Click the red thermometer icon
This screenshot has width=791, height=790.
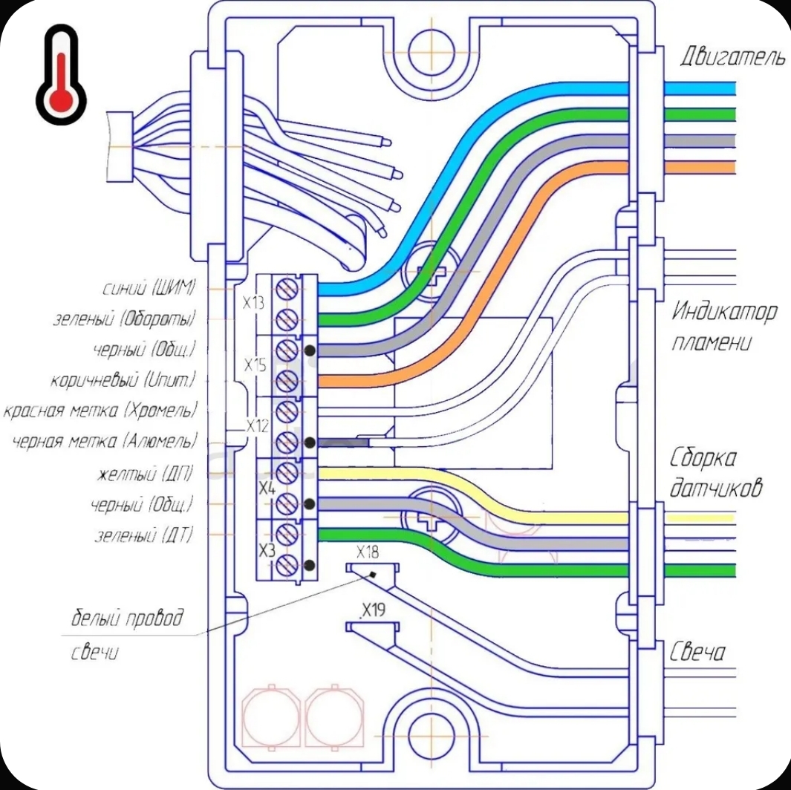click(x=61, y=74)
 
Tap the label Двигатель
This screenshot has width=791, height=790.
click(x=733, y=56)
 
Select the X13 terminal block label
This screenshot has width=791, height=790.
click(x=253, y=304)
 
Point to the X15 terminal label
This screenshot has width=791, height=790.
click(x=255, y=365)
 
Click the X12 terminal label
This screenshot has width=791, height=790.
click(x=257, y=426)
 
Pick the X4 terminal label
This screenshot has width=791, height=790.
click(x=267, y=488)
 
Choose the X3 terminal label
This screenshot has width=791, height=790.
click(x=267, y=549)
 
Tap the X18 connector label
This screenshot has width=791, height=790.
click(x=367, y=552)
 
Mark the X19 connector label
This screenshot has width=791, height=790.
click(x=374, y=610)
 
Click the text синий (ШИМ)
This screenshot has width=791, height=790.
click(x=149, y=288)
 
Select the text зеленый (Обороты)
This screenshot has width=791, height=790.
click(x=124, y=319)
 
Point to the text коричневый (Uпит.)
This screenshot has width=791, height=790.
click(x=123, y=379)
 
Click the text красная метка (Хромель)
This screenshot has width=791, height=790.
click(x=100, y=411)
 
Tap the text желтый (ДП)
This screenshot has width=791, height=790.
click(x=144, y=474)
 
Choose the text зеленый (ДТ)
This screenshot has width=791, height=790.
click(x=144, y=535)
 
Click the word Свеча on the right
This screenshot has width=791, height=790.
click(x=697, y=653)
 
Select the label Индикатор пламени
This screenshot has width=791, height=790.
click(x=724, y=327)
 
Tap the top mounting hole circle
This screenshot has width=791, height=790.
click(x=432, y=53)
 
